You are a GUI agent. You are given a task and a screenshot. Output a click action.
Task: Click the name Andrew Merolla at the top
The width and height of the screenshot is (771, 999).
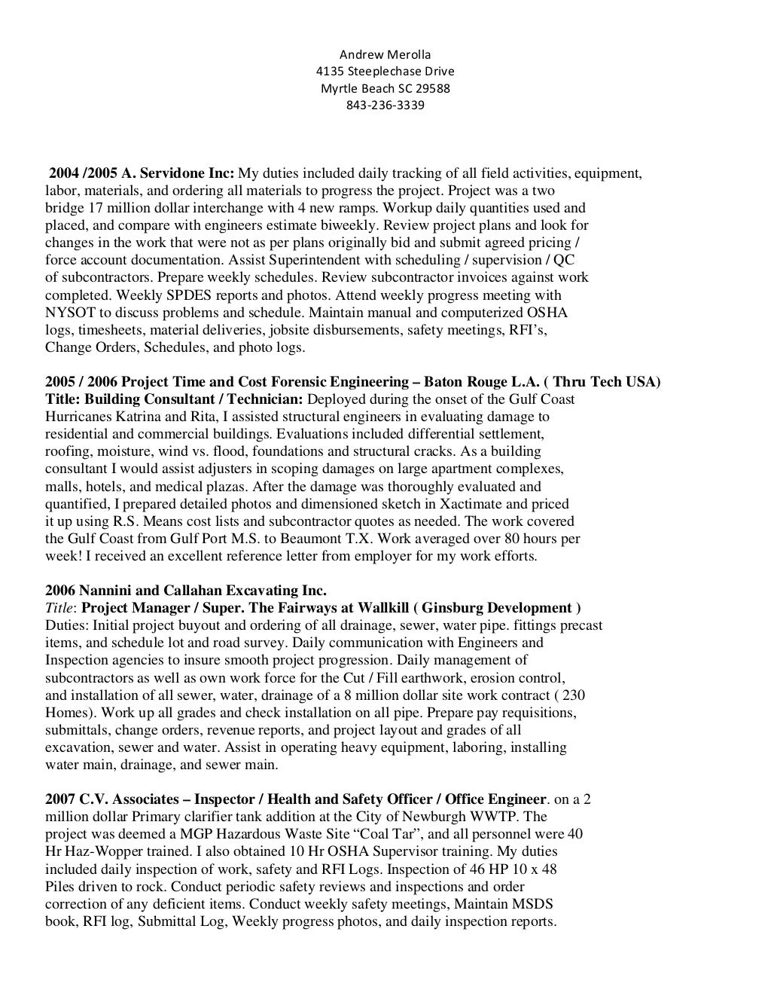pos(385,54)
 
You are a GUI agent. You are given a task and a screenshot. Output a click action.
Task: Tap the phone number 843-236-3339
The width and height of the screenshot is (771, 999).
pos(385,105)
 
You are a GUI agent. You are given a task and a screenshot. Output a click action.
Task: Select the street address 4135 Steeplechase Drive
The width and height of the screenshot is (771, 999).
pos(385,72)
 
